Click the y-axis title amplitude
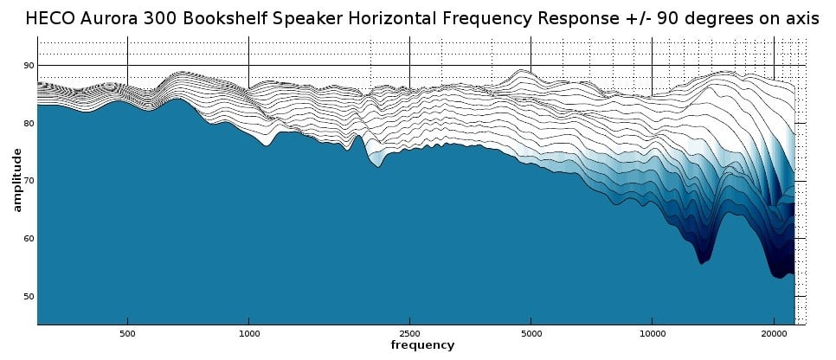click(x=16, y=180)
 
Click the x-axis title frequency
click(x=421, y=345)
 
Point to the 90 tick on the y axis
click(x=29, y=66)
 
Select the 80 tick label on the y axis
click(x=29, y=124)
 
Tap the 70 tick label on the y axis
click(x=29, y=181)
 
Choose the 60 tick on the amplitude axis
click(x=29, y=239)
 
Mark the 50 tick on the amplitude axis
click(x=29, y=297)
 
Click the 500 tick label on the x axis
click(x=127, y=332)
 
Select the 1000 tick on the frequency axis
click(x=249, y=332)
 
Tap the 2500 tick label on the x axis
click(x=409, y=332)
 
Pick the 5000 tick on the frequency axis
click(x=531, y=332)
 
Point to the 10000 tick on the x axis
click(x=653, y=332)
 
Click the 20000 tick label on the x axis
click(x=774, y=332)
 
